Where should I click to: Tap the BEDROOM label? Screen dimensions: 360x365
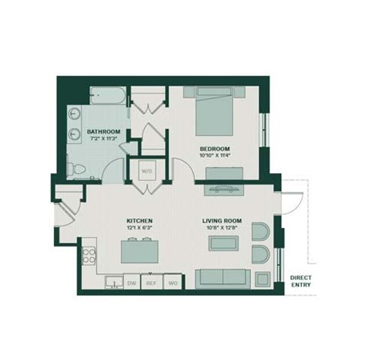pos(214,148)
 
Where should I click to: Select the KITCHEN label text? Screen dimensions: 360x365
pos(140,221)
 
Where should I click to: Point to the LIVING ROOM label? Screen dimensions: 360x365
pos(221,221)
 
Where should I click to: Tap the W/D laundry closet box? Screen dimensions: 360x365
pos(147,171)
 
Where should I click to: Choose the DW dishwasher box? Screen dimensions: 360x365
pos(132,283)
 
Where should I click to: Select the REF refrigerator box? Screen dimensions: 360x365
pos(151,283)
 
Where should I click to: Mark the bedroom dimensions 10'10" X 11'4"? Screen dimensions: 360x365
pos(214,156)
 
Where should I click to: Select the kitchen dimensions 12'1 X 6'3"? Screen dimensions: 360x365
pos(140,229)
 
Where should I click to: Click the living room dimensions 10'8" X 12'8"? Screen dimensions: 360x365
pos(221,229)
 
